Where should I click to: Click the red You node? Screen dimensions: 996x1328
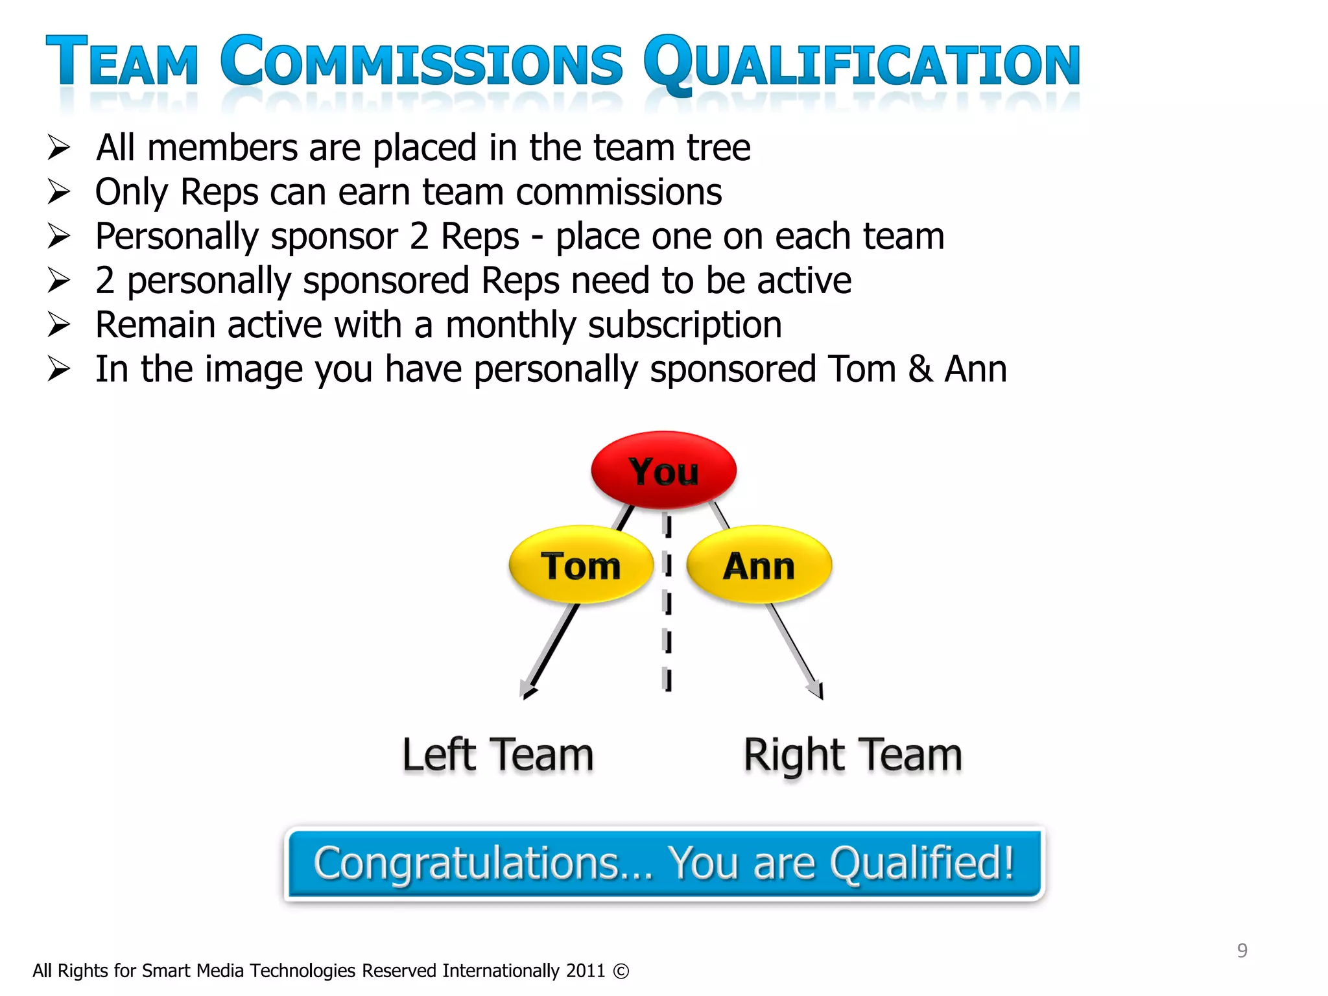tap(663, 469)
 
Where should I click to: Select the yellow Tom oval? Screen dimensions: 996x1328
tap(580, 565)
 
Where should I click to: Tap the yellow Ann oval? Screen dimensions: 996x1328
tap(759, 565)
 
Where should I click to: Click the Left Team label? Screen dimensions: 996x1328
tap(497, 755)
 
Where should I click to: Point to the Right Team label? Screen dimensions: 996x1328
tap(852, 755)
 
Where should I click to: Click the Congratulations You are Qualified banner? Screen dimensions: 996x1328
tap(664, 864)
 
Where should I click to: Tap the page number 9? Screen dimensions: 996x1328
tap(1242, 950)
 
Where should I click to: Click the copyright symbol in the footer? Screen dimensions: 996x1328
tap(621, 971)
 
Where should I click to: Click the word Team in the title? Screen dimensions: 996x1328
tap(122, 62)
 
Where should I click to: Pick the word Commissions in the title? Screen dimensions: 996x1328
tap(421, 62)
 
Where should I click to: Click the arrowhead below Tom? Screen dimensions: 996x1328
tap(528, 690)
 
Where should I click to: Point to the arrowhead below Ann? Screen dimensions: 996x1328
tap(816, 690)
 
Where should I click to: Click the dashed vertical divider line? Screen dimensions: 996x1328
tap(667, 603)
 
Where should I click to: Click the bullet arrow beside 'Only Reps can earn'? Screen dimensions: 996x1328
tap(58, 192)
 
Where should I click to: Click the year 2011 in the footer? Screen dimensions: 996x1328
tap(585, 971)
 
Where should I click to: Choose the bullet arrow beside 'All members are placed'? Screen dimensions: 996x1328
tap(58, 148)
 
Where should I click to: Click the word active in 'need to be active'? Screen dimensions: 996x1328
tap(803, 281)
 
